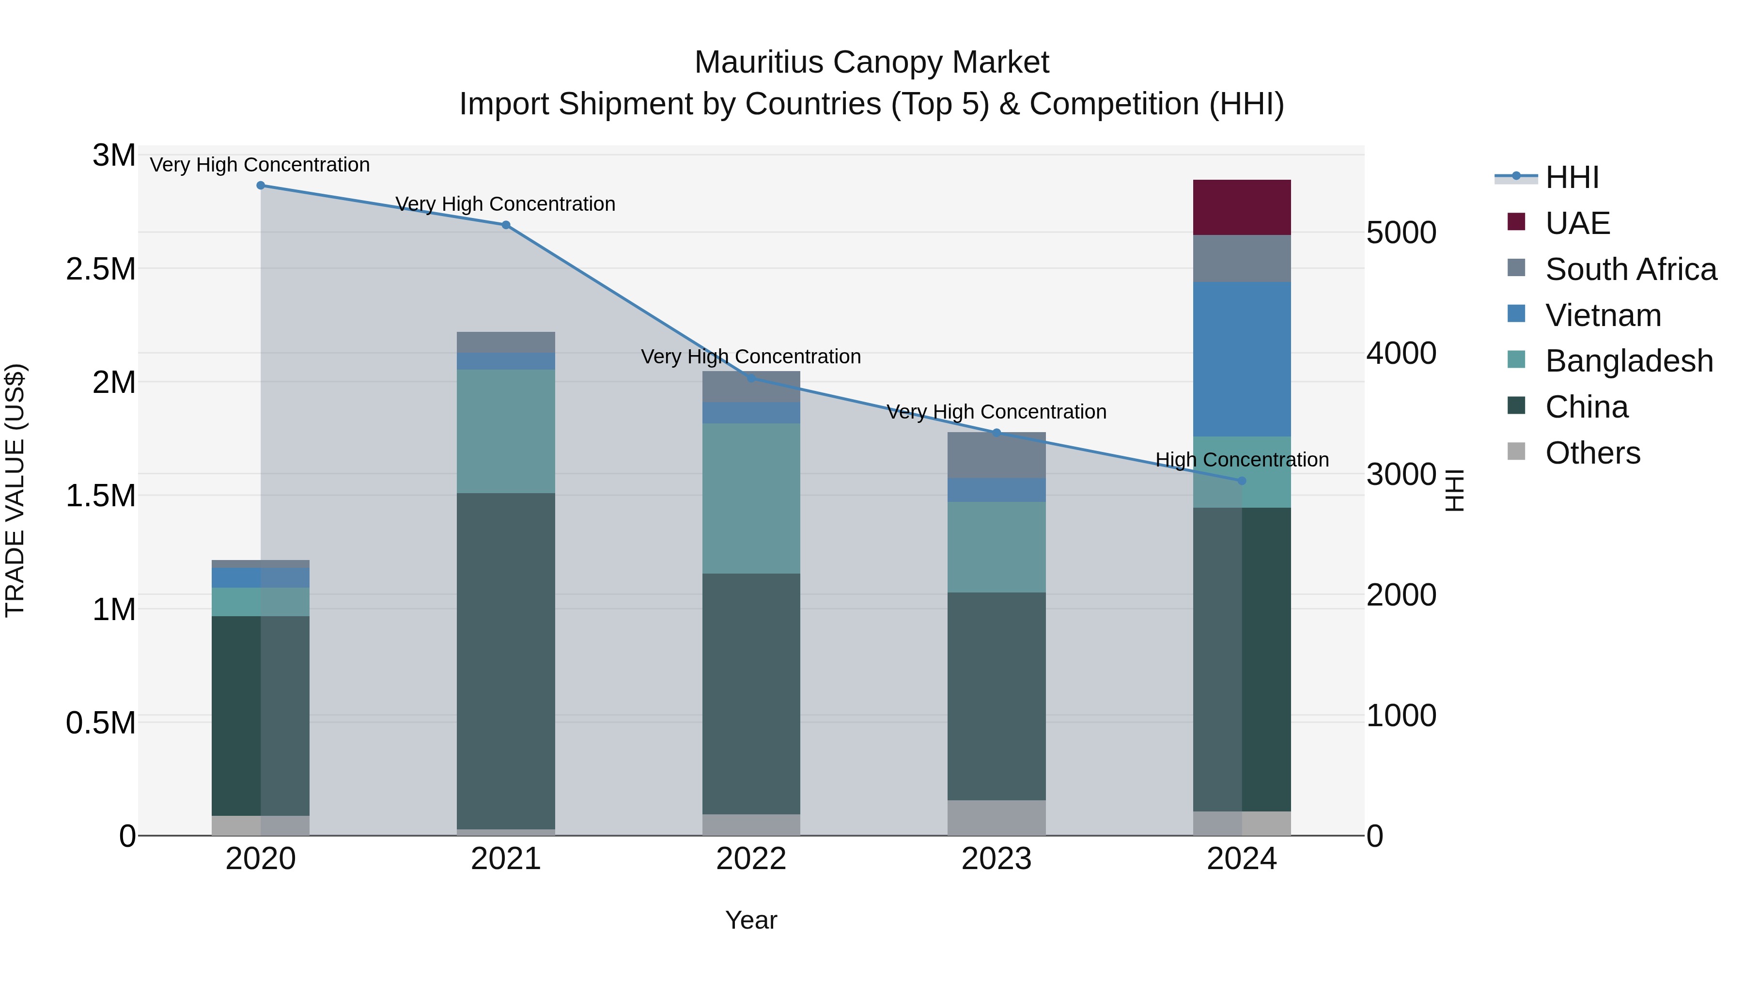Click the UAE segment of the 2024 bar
pos(1241,207)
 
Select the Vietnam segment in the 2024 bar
pos(1241,359)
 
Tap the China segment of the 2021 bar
pos(506,660)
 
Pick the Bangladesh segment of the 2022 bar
pos(751,498)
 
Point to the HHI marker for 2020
pos(261,186)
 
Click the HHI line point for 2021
pos(506,225)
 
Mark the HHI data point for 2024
pos(1241,481)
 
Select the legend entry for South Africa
pos(1630,269)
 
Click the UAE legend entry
pos(1577,223)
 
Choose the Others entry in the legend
pos(1592,453)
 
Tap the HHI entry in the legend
pos(1572,177)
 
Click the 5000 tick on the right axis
pos(1401,233)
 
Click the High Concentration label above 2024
pos(1242,460)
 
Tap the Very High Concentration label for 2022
pos(751,357)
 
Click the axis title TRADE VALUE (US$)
pos(15,490)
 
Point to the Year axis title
pos(751,920)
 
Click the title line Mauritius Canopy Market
pos(872,62)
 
